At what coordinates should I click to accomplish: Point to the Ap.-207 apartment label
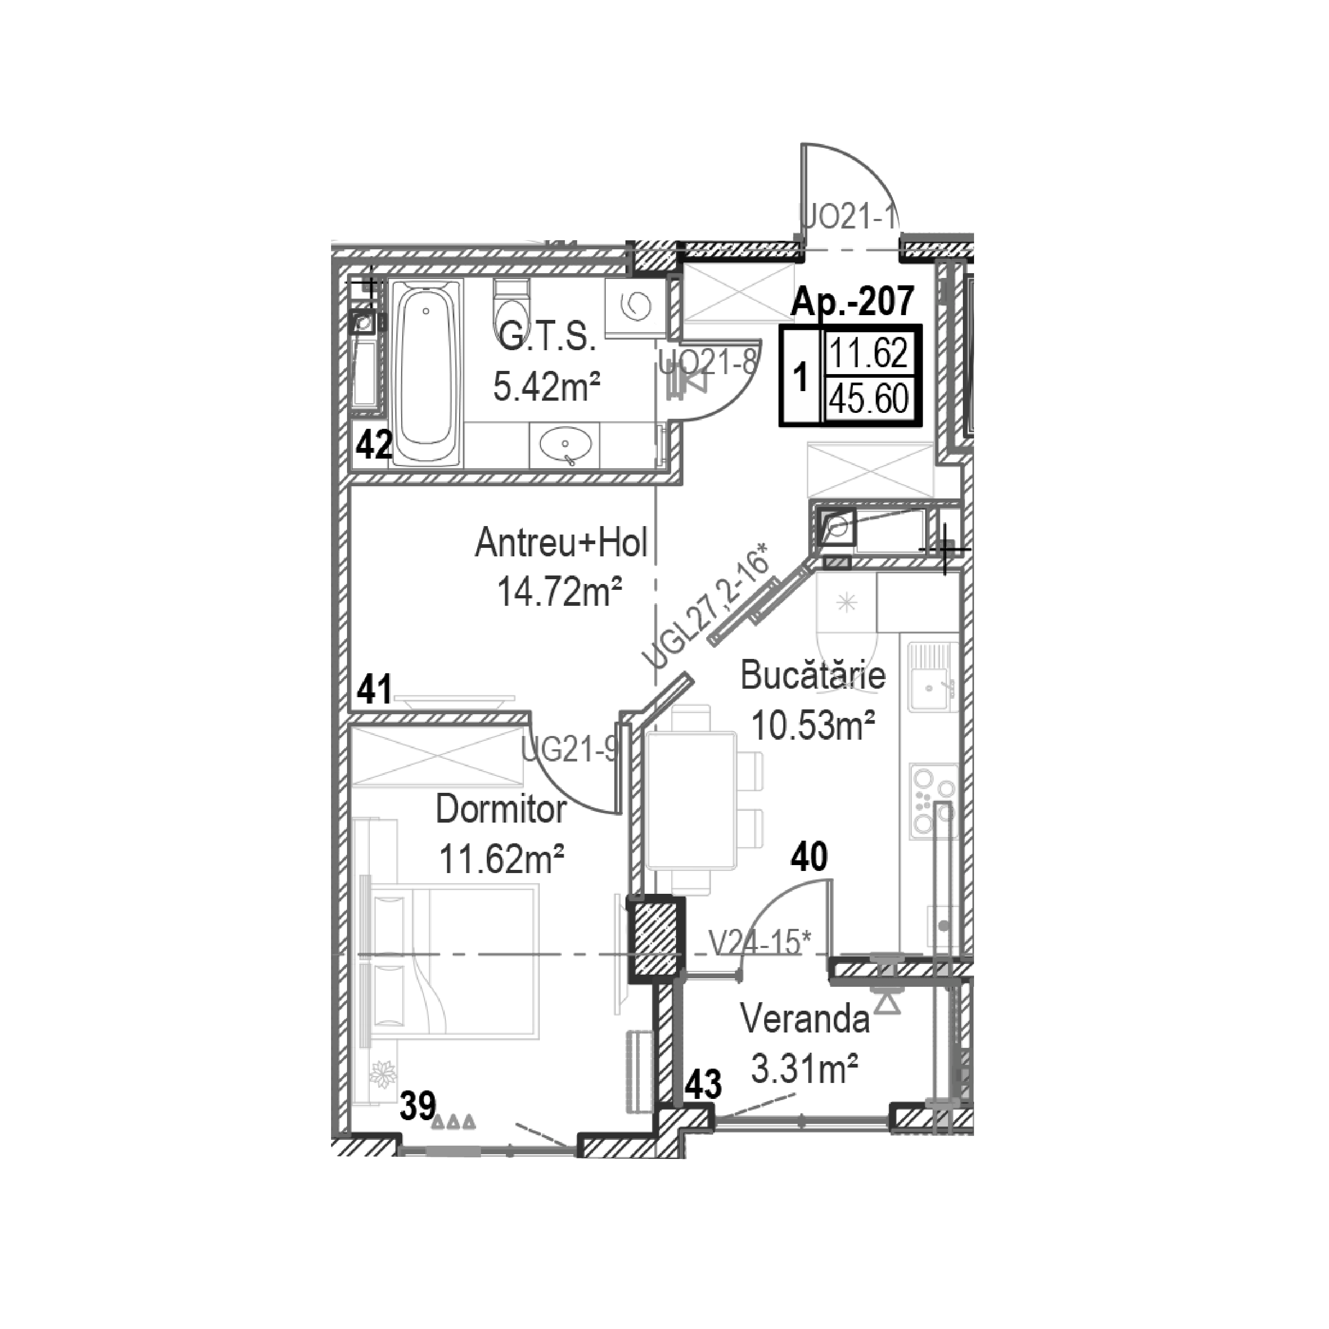(853, 301)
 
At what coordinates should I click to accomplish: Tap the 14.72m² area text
(560, 591)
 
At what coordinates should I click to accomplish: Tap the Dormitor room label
(501, 810)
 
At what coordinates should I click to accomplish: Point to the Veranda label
(805, 1019)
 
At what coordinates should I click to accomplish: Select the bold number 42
(374, 445)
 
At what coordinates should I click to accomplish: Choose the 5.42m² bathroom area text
(547, 387)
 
